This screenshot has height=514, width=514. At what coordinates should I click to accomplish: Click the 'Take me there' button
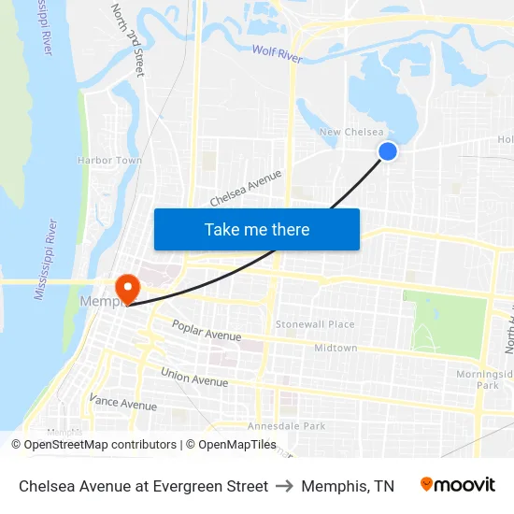256,229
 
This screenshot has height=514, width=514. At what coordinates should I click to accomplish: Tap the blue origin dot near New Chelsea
388,151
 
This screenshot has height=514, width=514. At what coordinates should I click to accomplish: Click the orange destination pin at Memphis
124,287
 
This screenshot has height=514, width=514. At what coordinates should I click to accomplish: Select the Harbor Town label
109,161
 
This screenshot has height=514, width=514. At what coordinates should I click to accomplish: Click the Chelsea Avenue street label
246,188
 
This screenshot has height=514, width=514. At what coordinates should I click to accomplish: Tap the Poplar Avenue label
207,331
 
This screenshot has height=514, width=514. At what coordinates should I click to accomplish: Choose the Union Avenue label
194,378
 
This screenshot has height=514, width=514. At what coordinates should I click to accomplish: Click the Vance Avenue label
122,404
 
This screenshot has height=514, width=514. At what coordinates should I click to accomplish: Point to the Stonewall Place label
315,324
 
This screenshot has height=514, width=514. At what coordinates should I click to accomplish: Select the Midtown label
336,348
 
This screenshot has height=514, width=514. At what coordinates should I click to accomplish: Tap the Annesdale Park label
285,426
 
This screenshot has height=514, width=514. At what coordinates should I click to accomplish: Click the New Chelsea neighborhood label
351,133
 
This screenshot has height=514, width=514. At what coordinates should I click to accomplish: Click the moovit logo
458,485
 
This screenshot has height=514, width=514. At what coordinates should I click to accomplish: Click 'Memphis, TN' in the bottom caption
348,486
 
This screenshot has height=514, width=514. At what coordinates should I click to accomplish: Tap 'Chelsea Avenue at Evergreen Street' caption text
143,486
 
